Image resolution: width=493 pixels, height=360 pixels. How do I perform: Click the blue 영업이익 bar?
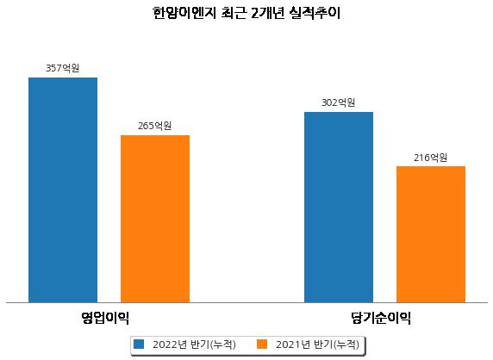pyautogui.click(x=63, y=190)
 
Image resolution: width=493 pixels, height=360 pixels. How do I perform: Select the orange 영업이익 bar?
pyautogui.click(x=155, y=219)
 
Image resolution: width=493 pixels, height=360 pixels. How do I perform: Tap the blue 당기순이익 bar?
pyautogui.click(x=339, y=208)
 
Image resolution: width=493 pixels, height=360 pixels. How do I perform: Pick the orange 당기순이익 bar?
pyautogui.click(x=431, y=234)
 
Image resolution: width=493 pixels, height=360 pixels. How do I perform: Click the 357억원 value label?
pyautogui.click(x=63, y=68)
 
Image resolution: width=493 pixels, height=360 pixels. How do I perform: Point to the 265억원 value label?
pyautogui.click(x=155, y=126)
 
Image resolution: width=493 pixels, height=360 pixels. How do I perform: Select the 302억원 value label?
pyautogui.click(x=339, y=102)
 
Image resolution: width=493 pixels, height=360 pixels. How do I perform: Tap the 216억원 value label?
pyautogui.click(x=431, y=157)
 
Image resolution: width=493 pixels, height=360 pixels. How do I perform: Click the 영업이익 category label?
pyautogui.click(x=105, y=318)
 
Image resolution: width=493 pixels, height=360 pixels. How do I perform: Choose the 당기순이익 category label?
pyautogui.click(x=381, y=318)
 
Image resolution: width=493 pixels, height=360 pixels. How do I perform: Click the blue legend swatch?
pyautogui.click(x=139, y=344)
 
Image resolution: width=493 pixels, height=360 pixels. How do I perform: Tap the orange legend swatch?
pyautogui.click(x=262, y=344)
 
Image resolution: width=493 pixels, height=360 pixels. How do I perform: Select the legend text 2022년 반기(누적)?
pyautogui.click(x=194, y=344)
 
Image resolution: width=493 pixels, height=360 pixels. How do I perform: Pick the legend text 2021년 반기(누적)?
pyautogui.click(x=317, y=344)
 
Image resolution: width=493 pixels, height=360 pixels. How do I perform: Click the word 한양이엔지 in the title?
pyautogui.click(x=184, y=13)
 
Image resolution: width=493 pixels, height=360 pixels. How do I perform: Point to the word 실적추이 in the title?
pyautogui.click(x=315, y=13)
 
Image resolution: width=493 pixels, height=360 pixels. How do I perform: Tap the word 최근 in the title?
pyautogui.click(x=234, y=13)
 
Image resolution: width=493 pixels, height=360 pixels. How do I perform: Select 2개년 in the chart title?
pyautogui.click(x=268, y=13)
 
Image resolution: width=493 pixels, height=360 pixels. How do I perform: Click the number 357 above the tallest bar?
pyautogui.click(x=53, y=68)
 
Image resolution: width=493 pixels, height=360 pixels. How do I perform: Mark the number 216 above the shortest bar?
pyautogui.click(x=421, y=157)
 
